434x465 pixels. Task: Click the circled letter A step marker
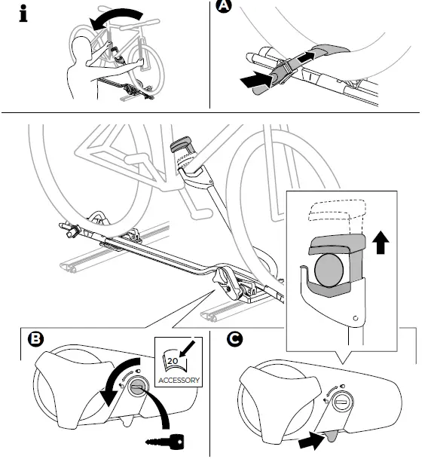click(224, 5)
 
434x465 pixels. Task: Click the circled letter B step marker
click(35, 338)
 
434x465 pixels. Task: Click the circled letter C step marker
click(234, 338)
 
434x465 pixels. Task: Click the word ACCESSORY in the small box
click(179, 380)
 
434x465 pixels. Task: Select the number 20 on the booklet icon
click(173, 361)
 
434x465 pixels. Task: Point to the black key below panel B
click(165, 442)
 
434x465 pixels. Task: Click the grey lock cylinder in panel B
click(136, 388)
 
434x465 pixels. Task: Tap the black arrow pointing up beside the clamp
click(381, 243)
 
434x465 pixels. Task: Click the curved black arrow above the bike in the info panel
click(115, 17)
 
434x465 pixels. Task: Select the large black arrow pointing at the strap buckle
click(256, 79)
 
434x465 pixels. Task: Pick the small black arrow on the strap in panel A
click(306, 57)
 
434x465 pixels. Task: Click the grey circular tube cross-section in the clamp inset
click(329, 270)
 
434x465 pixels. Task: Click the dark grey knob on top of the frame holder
click(181, 144)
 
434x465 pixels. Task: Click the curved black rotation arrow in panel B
click(118, 381)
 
